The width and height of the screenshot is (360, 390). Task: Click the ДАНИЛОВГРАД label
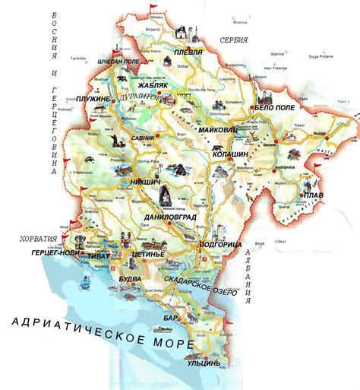[x=171, y=217]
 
